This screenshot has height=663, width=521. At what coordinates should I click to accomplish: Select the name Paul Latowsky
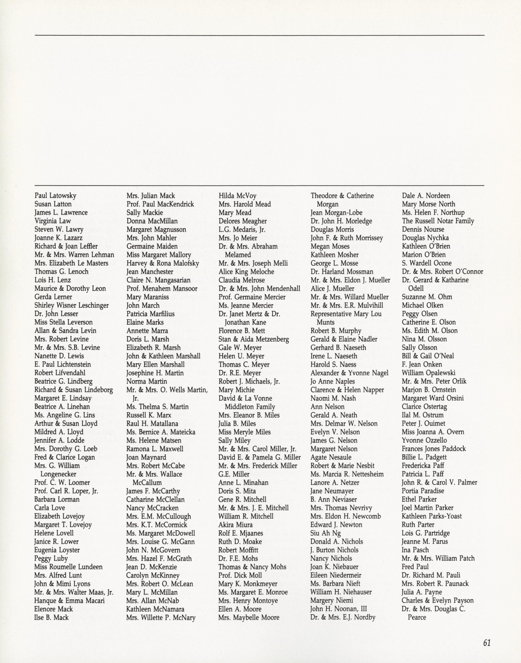(x=55, y=195)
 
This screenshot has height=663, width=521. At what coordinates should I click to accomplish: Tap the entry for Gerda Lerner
(x=53, y=297)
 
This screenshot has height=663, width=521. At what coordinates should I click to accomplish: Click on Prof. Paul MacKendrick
(x=160, y=204)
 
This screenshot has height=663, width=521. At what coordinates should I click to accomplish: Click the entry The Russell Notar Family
(x=438, y=221)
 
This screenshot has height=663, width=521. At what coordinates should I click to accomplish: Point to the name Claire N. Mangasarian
(x=158, y=280)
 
